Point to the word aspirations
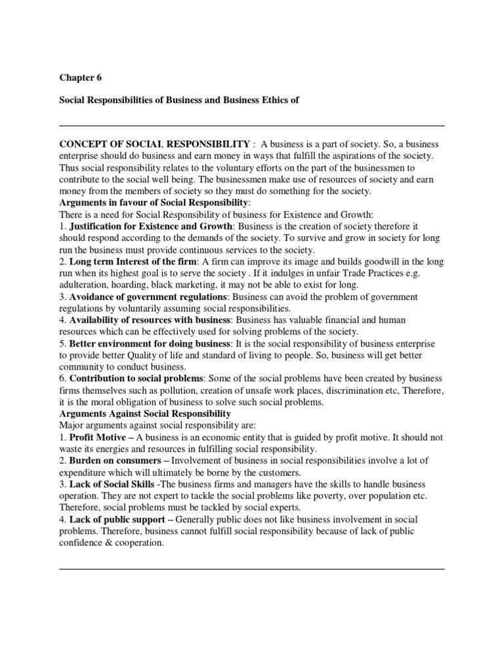346,156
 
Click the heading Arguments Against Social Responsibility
145,415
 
